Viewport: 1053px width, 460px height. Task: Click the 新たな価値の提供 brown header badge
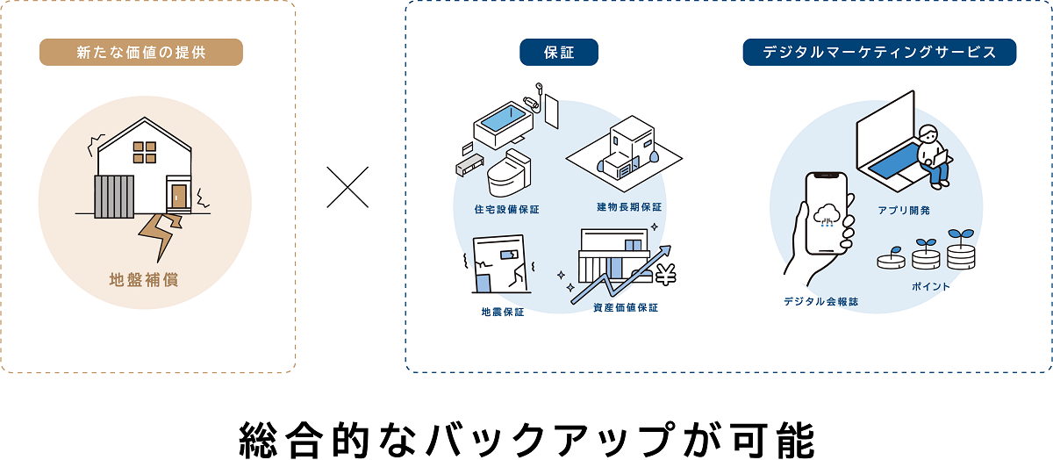pyautogui.click(x=140, y=53)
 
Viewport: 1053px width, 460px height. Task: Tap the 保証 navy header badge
pyautogui.click(x=559, y=53)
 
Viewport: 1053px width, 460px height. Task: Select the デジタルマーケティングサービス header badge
pyautogui.click(x=879, y=53)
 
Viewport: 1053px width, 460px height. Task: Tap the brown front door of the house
pyautogui.click(x=179, y=196)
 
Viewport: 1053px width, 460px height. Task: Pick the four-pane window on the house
pyautogui.click(x=144, y=153)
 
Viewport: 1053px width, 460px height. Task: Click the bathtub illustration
pyautogui.click(x=500, y=121)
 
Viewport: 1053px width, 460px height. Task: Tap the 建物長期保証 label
pyautogui.click(x=629, y=207)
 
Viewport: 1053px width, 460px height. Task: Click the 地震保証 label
pyautogui.click(x=503, y=312)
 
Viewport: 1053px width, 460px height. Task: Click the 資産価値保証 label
pyautogui.click(x=626, y=307)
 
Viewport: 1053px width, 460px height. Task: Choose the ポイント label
pyautogui.click(x=931, y=286)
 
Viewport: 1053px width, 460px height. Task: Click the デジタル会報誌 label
pyautogui.click(x=822, y=302)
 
